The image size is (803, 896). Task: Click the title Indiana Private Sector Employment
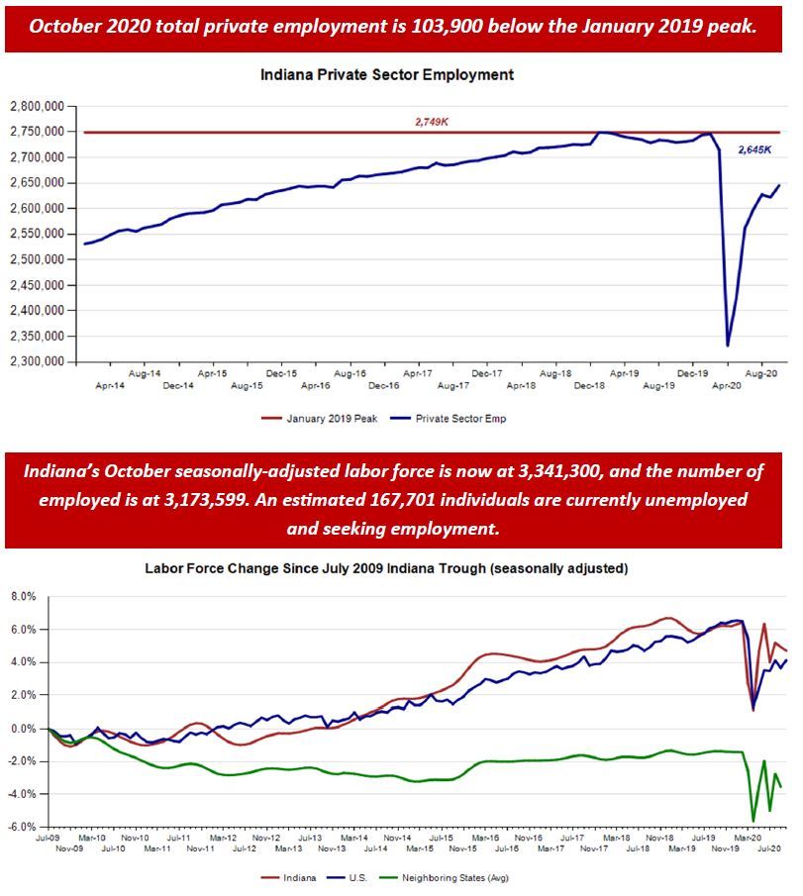[387, 74]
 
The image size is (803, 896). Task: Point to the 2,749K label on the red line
[432, 123]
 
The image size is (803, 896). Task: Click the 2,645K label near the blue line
[754, 149]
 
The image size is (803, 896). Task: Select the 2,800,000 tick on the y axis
[37, 106]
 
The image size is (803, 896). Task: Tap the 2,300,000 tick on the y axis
[37, 362]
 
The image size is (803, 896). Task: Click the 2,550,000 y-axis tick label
[37, 234]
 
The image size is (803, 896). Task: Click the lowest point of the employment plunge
[729, 346]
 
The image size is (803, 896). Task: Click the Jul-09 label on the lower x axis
[47, 838]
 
